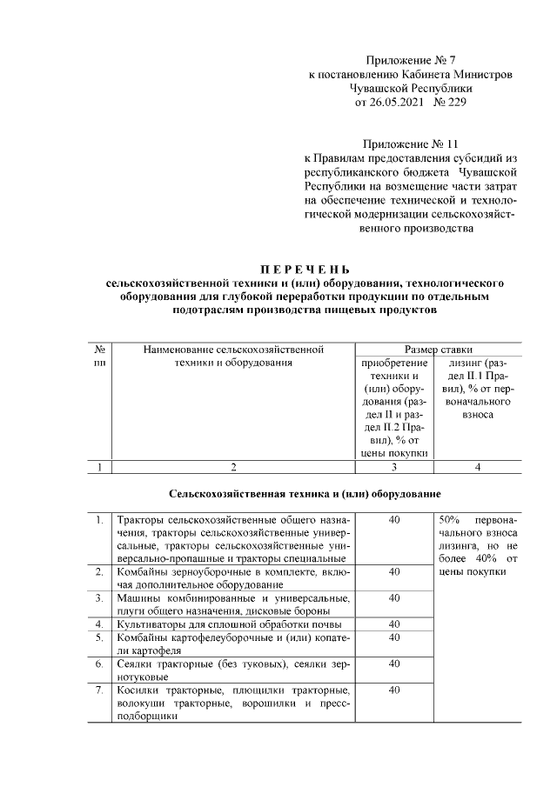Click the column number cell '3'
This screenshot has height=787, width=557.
[x=394, y=467]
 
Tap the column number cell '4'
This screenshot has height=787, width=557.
[x=477, y=467]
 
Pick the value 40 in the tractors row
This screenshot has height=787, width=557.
[x=394, y=519]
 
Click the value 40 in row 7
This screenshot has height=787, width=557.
[x=394, y=690]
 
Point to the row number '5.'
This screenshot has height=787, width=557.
[x=100, y=637]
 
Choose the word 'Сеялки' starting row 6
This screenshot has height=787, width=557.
[x=135, y=664]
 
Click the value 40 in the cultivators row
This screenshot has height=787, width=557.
[x=394, y=624]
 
